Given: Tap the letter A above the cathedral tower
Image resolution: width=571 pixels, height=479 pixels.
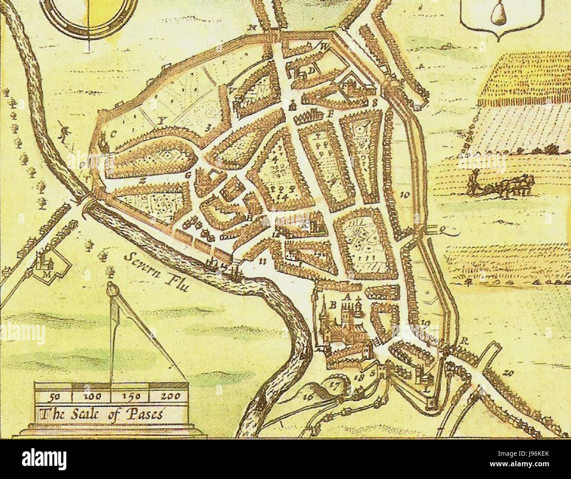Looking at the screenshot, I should [347, 297].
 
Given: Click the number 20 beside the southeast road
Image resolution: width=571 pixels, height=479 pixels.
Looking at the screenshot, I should [509, 374].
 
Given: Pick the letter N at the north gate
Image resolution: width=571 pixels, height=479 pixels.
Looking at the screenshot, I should [252, 28].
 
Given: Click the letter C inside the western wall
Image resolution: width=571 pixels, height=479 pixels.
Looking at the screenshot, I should [112, 135].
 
